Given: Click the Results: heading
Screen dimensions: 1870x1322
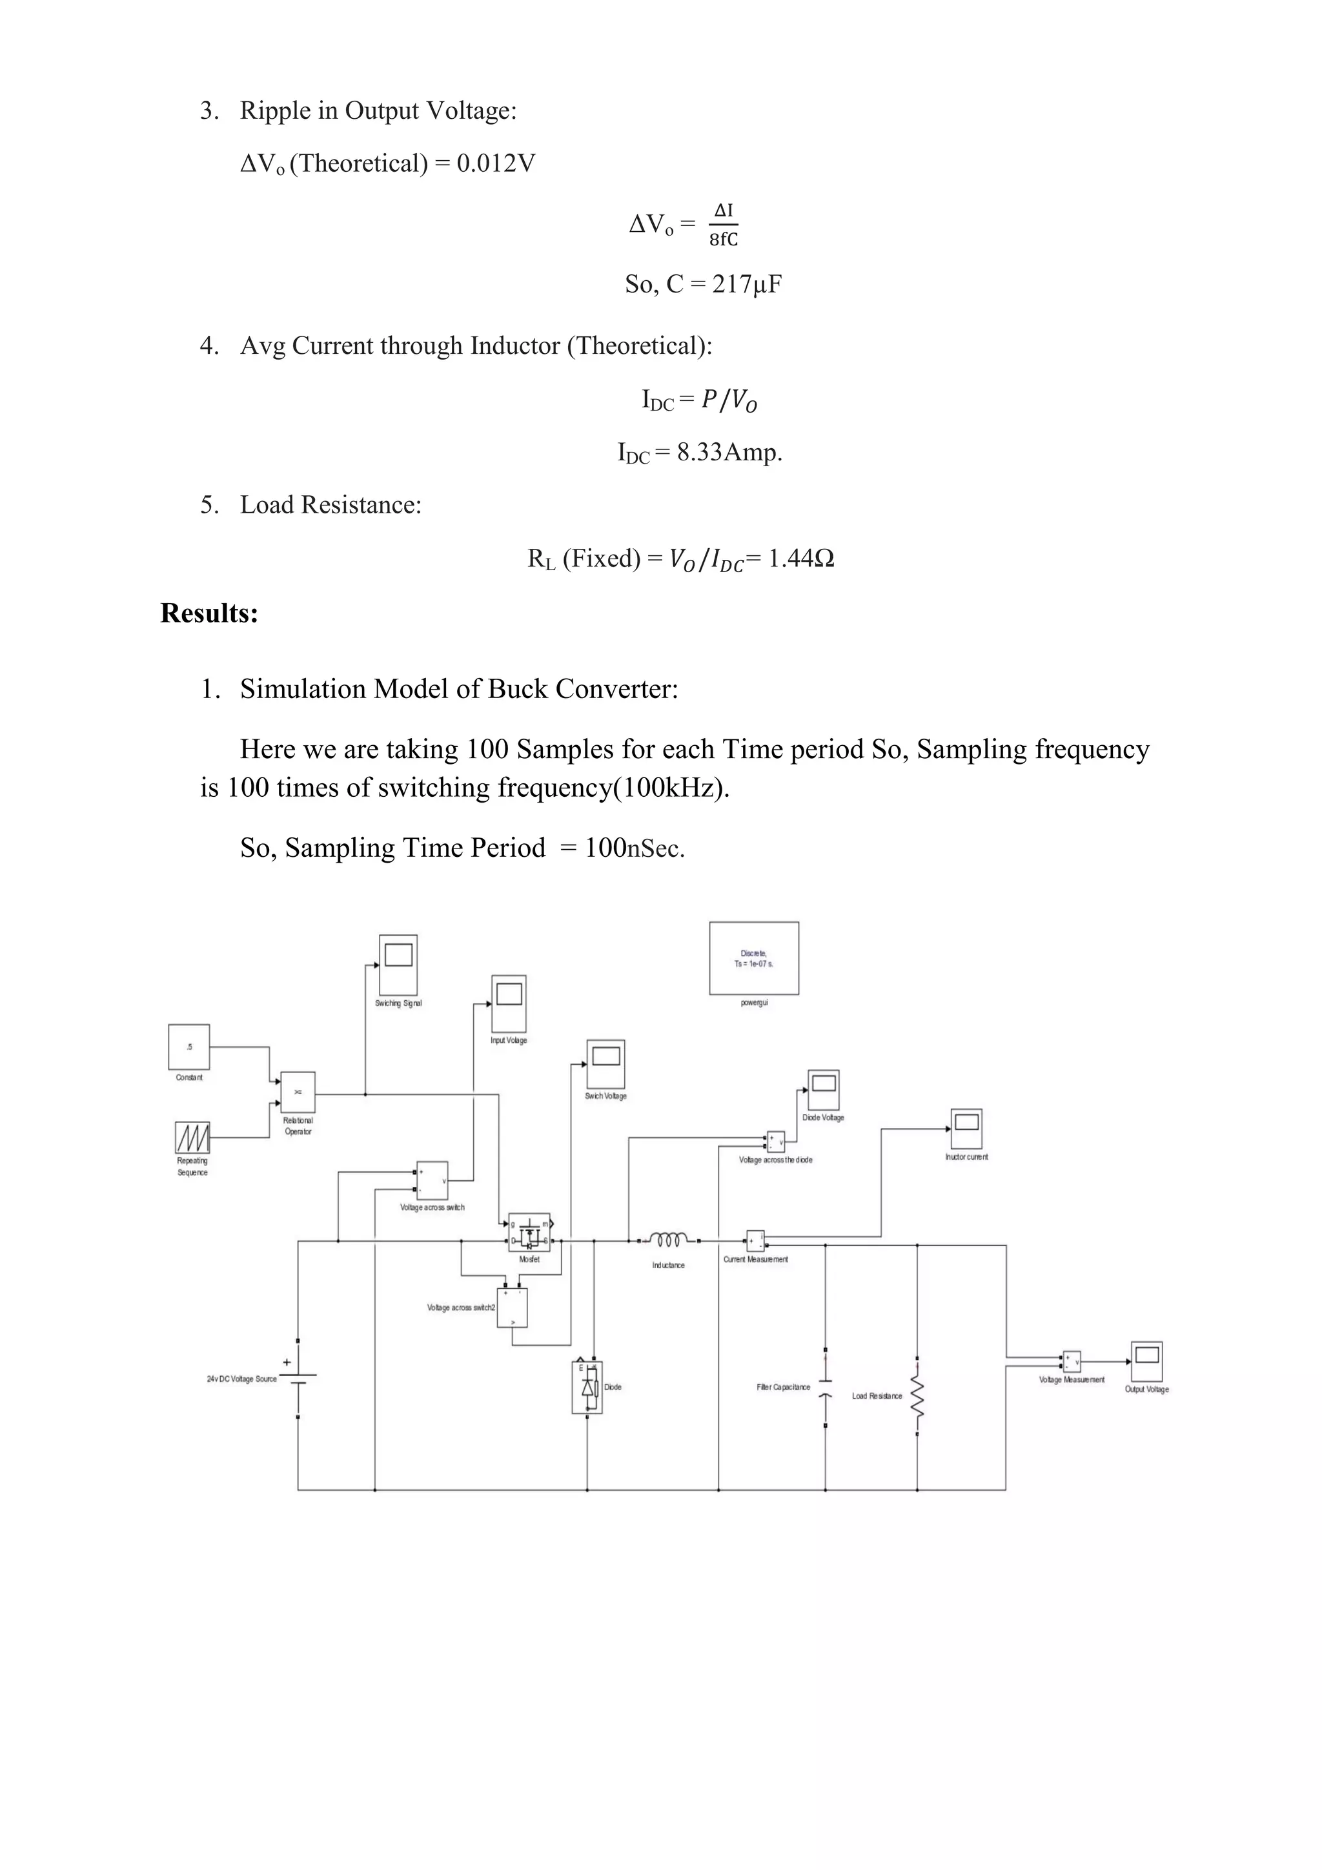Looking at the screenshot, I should coord(209,613).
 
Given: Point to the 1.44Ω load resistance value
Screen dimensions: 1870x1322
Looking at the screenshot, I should coord(801,559).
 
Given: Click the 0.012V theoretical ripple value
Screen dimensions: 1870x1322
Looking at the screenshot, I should coord(496,164).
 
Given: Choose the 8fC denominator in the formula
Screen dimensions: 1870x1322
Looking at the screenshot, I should coord(723,240).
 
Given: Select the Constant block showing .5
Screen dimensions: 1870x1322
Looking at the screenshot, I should coord(189,1047).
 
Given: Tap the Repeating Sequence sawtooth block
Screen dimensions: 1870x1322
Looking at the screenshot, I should coord(193,1137).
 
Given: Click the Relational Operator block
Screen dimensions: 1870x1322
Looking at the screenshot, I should coord(298,1092).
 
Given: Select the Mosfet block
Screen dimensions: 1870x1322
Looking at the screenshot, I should coord(529,1232).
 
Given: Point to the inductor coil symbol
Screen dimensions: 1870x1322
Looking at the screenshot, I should coord(668,1240).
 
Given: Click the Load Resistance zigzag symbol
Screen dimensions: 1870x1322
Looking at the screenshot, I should coord(917,1396).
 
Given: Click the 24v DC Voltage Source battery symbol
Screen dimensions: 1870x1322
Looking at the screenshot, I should coord(298,1379).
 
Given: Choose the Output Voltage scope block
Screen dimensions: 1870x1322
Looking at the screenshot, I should coord(1146,1361).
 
